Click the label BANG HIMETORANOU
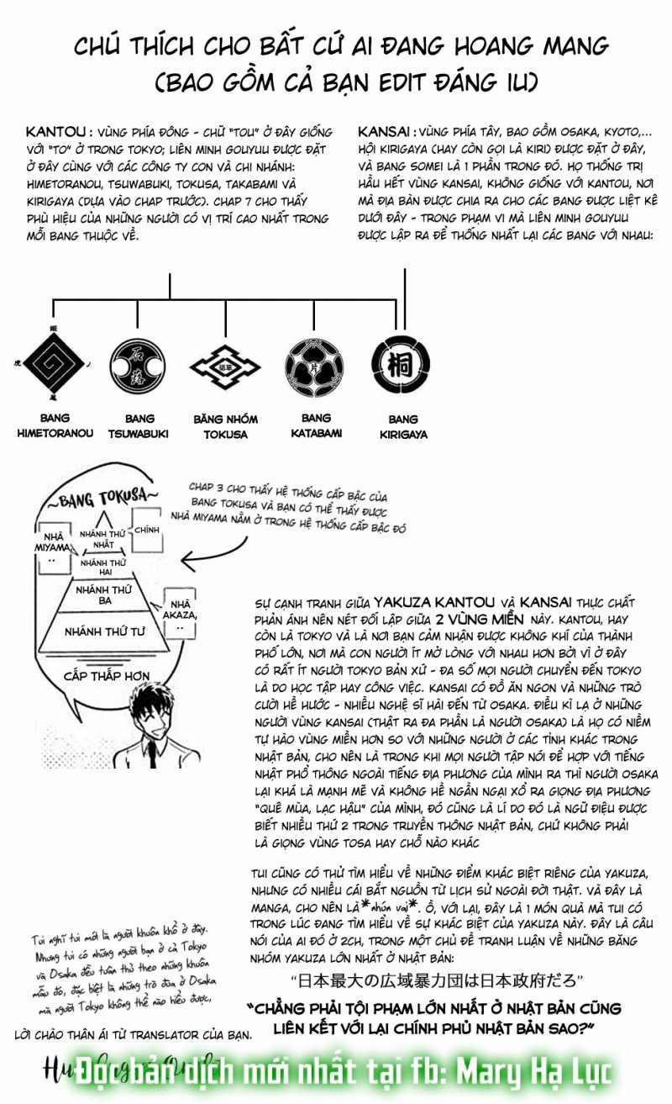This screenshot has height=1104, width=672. click(x=55, y=425)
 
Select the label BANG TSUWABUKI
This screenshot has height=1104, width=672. click(x=134, y=426)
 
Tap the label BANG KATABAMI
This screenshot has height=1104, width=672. click(x=316, y=425)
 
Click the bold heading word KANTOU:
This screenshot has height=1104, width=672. click(x=58, y=132)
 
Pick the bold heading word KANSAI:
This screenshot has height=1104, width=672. click(x=386, y=132)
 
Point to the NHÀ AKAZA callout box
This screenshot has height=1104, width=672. click(x=182, y=610)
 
